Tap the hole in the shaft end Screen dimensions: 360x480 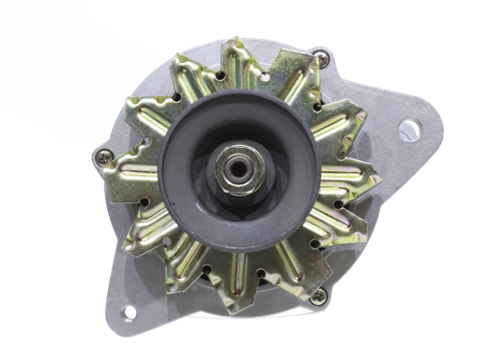(238, 166)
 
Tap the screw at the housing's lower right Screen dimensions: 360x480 (318, 293)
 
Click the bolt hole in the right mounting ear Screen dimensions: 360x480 (409, 130)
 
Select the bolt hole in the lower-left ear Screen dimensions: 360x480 (128, 312)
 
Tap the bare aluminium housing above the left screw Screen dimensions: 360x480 (126, 117)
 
